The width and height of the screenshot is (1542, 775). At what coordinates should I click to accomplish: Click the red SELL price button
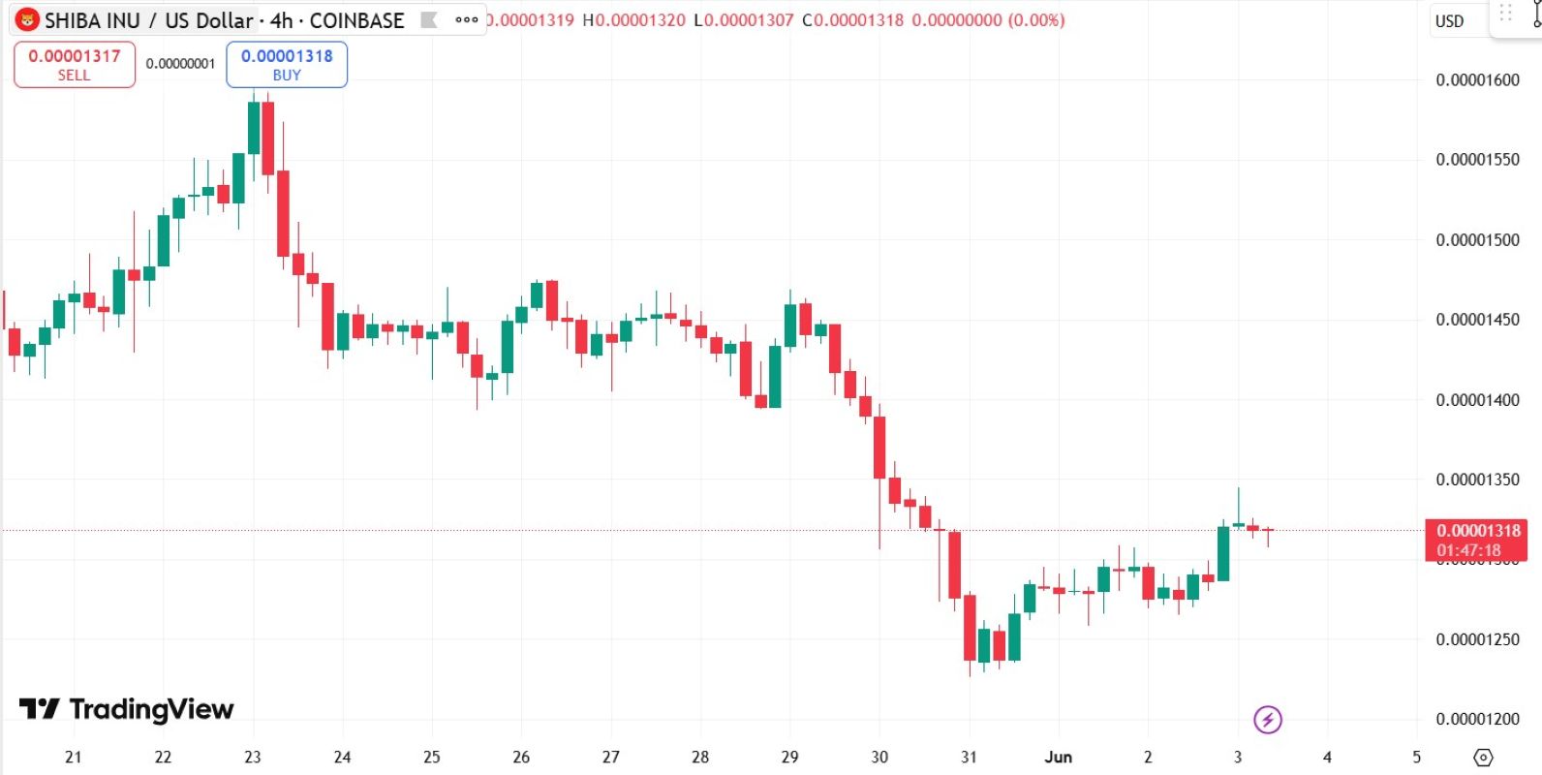coord(75,64)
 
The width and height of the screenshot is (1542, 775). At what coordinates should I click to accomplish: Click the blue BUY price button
coord(287,64)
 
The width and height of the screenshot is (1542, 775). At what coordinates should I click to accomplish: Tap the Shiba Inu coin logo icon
coord(27,20)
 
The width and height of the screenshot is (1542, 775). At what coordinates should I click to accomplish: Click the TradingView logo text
coord(127,709)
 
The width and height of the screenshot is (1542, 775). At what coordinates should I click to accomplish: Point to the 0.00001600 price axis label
coord(1477,80)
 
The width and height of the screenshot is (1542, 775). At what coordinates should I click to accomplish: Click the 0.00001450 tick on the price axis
coord(1477,320)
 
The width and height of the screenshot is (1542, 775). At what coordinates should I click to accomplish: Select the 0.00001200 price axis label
coord(1477,719)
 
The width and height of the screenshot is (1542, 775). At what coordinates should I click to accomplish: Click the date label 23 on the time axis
coord(253,757)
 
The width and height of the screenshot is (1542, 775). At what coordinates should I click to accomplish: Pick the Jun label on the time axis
coord(1058,757)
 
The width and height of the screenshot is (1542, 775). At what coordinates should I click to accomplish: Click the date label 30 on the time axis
coord(879,757)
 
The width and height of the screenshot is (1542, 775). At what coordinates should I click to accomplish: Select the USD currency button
coord(1449,21)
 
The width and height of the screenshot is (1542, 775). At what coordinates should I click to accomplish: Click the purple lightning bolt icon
coord(1268,720)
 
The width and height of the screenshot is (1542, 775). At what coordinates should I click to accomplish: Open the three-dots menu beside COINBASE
coord(467,20)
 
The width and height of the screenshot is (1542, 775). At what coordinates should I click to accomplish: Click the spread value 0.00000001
coord(180,64)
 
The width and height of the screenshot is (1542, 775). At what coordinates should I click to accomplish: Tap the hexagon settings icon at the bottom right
coord(1483,757)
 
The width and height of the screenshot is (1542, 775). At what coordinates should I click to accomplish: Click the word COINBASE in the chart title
coord(356,20)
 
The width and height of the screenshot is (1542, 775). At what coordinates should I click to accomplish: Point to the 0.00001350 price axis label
coord(1477,480)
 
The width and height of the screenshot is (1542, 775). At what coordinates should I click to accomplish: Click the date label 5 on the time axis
coord(1417,757)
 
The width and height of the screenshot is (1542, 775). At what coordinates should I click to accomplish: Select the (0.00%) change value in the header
coord(1036,20)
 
